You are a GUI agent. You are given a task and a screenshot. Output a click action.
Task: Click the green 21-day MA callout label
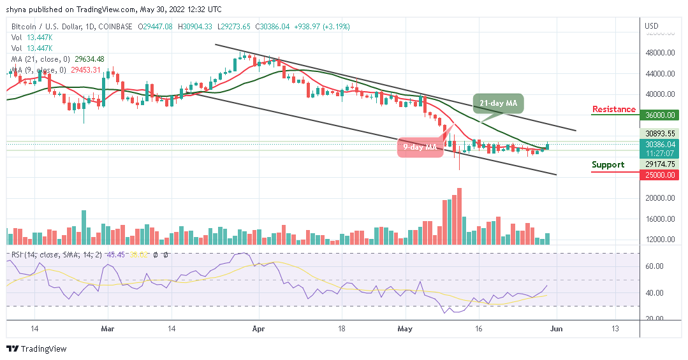pos(498,103)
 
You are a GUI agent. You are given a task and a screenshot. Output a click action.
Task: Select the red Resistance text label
pos(613,110)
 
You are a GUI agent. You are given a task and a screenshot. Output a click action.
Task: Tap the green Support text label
pos(608,165)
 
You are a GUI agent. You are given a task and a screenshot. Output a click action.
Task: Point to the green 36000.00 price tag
pos(660,115)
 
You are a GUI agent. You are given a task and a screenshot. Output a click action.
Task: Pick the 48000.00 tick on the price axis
pos(660,53)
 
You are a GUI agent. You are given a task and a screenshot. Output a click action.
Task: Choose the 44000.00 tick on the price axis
pos(660,74)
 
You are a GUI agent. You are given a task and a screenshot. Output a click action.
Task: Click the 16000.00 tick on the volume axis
pos(660,219)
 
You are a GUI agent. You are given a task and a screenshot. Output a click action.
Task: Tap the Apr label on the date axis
pos(258,329)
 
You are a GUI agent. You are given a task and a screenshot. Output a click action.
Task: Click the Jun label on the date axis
pos(557,329)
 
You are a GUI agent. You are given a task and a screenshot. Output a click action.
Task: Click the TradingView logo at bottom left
pos(36,349)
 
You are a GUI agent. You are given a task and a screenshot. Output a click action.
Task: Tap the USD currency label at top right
pos(652,26)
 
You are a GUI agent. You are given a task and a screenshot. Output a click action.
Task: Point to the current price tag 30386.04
pos(660,145)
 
